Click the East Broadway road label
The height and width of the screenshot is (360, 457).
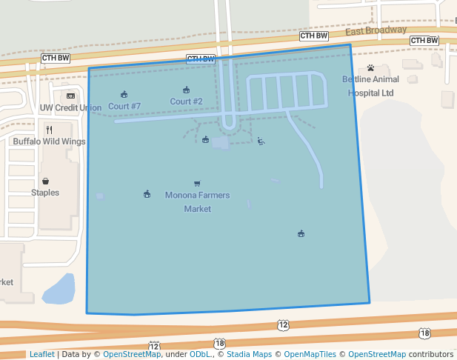(x=376, y=30)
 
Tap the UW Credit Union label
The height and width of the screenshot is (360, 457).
(x=70, y=108)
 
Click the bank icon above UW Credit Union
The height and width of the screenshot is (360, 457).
(x=70, y=96)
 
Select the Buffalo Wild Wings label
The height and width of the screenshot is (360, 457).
(x=49, y=141)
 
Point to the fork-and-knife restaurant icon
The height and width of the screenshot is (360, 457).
(x=49, y=130)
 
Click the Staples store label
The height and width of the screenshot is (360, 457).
(x=45, y=193)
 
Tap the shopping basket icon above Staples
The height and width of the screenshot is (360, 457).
(x=46, y=181)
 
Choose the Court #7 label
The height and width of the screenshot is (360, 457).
(x=124, y=106)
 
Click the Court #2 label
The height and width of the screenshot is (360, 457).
(x=186, y=101)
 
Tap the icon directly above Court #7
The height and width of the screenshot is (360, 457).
(x=124, y=94)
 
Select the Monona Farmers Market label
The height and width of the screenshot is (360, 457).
(x=197, y=201)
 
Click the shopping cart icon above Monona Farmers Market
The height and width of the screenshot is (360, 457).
(x=197, y=184)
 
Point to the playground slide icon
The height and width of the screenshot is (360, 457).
(x=261, y=141)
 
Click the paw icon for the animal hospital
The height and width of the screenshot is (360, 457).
(x=370, y=68)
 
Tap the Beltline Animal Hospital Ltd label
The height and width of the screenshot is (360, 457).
(x=370, y=86)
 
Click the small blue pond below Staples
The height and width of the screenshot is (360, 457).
(x=59, y=290)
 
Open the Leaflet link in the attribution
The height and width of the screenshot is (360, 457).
(x=41, y=354)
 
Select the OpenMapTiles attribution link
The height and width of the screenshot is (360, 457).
(x=308, y=354)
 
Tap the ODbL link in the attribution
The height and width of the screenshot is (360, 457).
(x=201, y=354)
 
